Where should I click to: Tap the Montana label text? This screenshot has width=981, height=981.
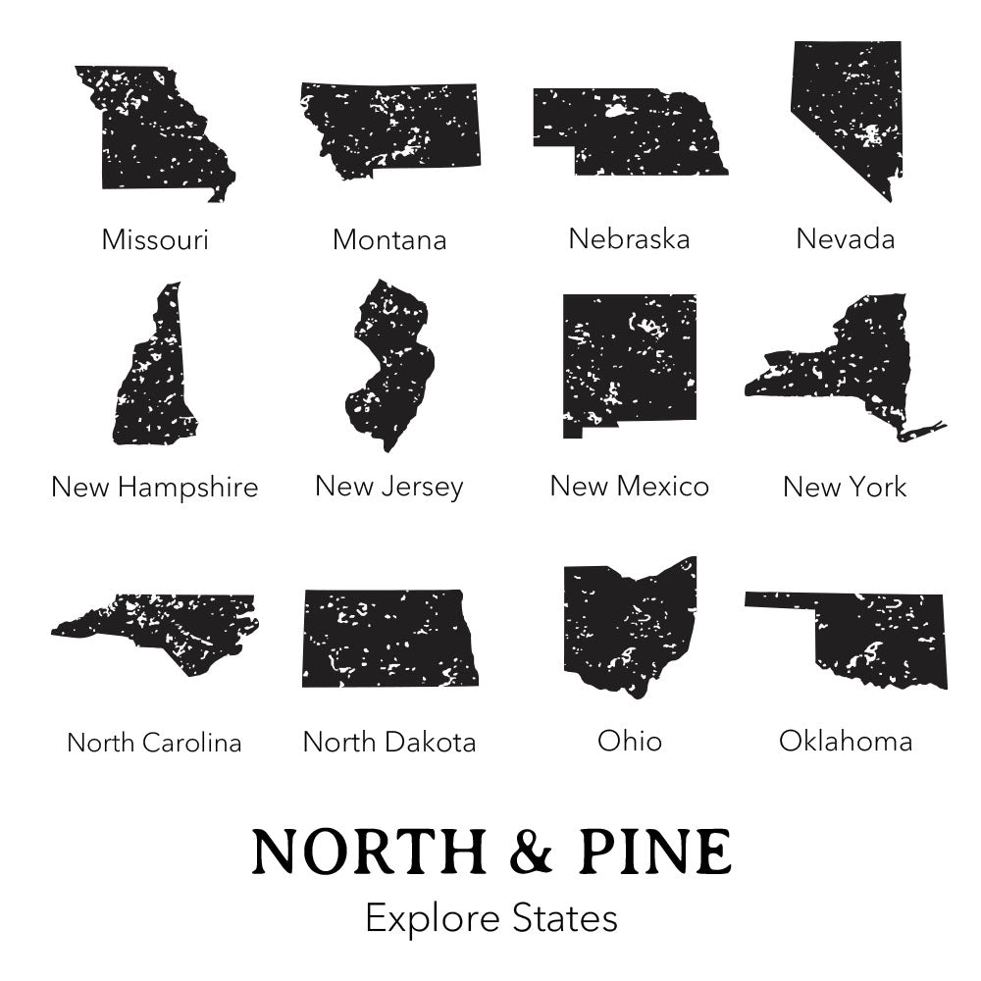click(389, 239)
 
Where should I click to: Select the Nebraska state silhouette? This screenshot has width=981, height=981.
click(628, 132)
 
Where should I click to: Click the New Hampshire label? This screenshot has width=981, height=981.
click(155, 487)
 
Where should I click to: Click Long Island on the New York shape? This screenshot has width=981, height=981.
click(922, 429)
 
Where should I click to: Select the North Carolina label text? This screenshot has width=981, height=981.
click(154, 743)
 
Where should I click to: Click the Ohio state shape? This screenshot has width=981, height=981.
click(628, 623)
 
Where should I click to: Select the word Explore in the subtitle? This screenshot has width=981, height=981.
click(435, 919)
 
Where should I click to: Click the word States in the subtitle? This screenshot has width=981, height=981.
click(566, 919)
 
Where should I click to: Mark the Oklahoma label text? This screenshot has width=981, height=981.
click(846, 741)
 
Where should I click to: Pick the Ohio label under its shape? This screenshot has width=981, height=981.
click(630, 741)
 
